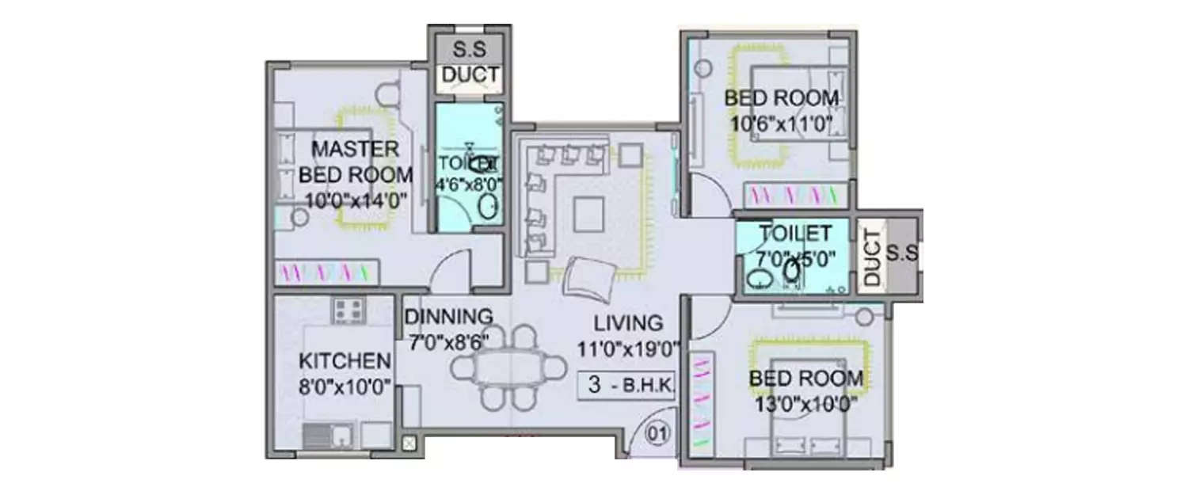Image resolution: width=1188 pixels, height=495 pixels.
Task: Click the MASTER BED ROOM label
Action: [x=356, y=162]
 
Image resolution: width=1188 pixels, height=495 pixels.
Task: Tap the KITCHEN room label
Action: [x=345, y=361]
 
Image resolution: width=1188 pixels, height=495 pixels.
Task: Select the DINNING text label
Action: [x=448, y=317]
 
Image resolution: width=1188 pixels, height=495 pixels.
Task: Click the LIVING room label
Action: [x=629, y=323]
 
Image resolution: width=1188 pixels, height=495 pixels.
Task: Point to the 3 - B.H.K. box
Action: [x=626, y=386]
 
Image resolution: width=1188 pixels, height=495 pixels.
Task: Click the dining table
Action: [x=508, y=368]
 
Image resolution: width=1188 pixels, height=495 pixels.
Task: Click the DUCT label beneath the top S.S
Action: [x=470, y=75]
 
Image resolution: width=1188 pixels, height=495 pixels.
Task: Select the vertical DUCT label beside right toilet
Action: [x=871, y=257]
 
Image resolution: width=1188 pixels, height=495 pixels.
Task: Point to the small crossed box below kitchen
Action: [x=409, y=444]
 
